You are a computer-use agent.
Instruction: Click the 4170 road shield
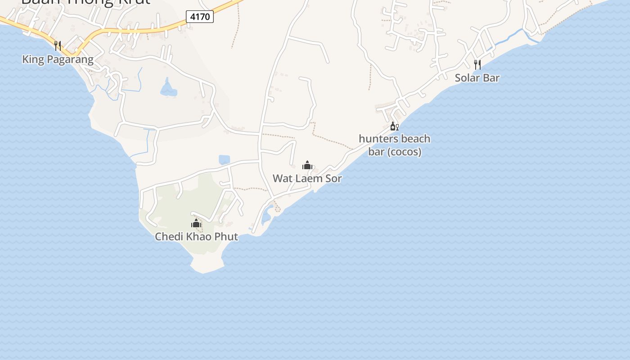(x=200, y=17)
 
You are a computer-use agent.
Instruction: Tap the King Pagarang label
(x=58, y=59)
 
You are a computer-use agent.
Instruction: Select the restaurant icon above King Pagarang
(x=58, y=45)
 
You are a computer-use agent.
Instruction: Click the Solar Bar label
(x=477, y=77)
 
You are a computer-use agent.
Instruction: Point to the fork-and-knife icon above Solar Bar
(x=477, y=64)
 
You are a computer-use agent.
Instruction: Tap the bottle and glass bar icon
(x=394, y=126)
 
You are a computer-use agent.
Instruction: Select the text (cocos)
(x=405, y=152)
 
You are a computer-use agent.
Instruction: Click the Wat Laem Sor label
(x=307, y=178)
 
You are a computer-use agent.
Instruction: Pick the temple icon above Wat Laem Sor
(x=307, y=165)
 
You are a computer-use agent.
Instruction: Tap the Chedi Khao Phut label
(x=196, y=236)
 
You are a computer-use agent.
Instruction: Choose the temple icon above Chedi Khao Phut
(x=196, y=223)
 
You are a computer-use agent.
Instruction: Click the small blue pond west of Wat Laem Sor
(x=224, y=159)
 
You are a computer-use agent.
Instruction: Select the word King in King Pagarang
(x=32, y=59)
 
